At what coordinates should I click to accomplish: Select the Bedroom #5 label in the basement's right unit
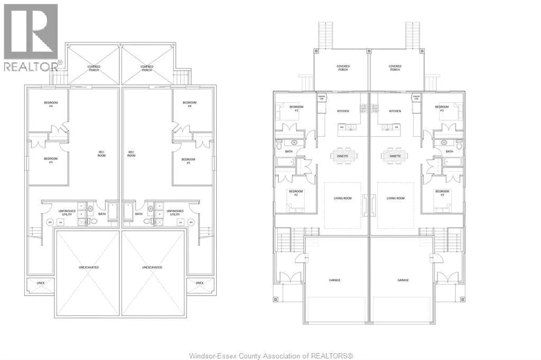click(x=188, y=161)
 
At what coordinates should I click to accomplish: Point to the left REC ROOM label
click(x=101, y=154)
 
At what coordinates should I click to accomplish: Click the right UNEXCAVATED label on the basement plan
click(x=152, y=267)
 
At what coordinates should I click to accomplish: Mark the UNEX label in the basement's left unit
click(x=40, y=283)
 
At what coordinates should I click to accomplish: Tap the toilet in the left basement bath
click(x=93, y=222)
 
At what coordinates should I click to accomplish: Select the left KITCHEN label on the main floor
click(x=343, y=111)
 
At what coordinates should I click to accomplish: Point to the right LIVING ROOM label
click(x=395, y=198)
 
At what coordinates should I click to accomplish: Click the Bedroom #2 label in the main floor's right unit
click(x=442, y=193)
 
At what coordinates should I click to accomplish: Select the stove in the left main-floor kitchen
click(x=363, y=109)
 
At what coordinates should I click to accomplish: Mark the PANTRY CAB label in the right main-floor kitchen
click(x=415, y=98)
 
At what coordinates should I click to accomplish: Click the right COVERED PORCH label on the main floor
click(x=395, y=68)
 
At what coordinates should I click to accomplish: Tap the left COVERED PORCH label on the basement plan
click(x=94, y=68)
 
